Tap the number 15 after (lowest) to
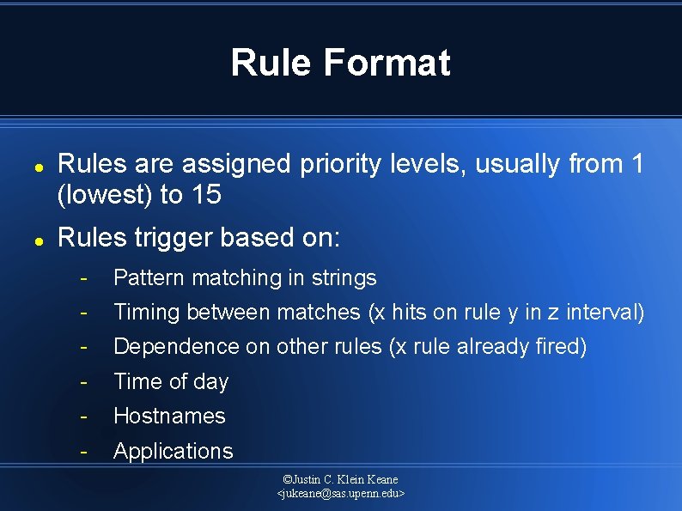pos(206,196)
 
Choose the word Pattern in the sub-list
pos(149,278)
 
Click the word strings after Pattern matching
pos(344,278)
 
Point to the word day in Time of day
pos(210,381)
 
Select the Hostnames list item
pos(169,417)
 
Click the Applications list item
pos(173,451)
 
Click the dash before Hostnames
pos(83,417)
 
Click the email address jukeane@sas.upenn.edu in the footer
pos(341,494)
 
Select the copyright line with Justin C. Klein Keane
pos(341,479)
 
